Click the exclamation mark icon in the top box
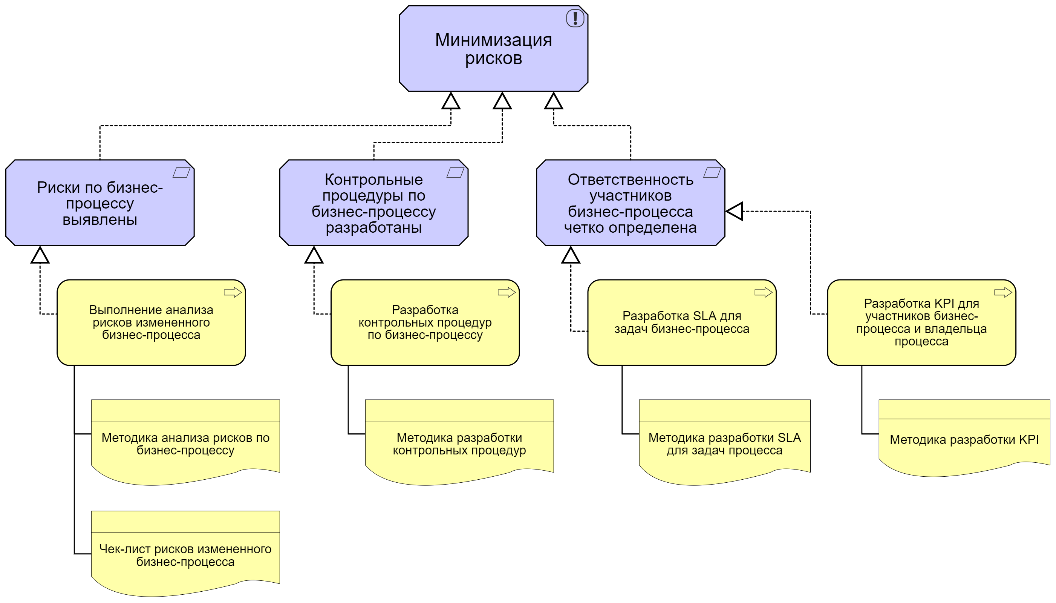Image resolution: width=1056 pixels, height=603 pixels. tap(575, 18)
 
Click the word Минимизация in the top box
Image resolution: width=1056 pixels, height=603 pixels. tap(493, 40)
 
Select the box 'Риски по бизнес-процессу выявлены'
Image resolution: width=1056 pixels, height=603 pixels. tap(100, 203)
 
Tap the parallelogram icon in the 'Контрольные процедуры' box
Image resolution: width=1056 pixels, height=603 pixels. tap(455, 172)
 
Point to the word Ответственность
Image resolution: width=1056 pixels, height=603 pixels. tap(630, 180)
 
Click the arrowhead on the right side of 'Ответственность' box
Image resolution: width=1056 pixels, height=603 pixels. tap(735, 211)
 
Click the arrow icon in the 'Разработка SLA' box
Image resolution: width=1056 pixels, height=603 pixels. tap(763, 292)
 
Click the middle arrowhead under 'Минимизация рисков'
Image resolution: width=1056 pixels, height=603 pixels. tap(502, 101)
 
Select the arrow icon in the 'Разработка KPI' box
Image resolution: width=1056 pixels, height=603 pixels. tap(1002, 292)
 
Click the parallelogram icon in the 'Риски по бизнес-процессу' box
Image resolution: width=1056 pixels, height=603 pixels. tap(181, 172)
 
